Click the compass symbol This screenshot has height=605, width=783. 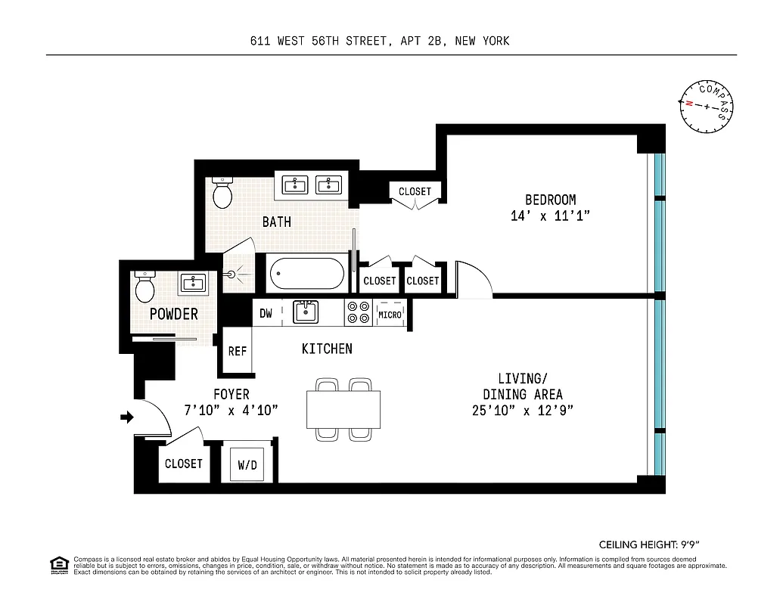[x=707, y=107]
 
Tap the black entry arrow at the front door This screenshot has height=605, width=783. [x=127, y=417]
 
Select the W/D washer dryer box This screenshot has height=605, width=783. [x=247, y=464]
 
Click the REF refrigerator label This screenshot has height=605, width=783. [x=238, y=351]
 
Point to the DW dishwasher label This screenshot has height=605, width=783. [x=266, y=313]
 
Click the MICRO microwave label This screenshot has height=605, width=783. [x=390, y=315]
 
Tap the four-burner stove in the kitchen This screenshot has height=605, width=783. [x=358, y=313]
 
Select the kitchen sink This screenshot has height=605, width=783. [x=306, y=312]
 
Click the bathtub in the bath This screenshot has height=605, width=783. [x=306, y=273]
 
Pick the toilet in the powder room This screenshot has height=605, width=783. [x=144, y=287]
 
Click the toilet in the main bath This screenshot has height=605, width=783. [x=222, y=194]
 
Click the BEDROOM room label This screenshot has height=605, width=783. [x=550, y=200]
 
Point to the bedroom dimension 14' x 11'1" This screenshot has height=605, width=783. [x=550, y=216]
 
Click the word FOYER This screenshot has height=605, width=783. [x=231, y=395]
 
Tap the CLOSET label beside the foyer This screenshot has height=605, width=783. [x=184, y=464]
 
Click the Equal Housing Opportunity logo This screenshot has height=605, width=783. [x=57, y=564]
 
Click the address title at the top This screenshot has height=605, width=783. [x=380, y=41]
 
